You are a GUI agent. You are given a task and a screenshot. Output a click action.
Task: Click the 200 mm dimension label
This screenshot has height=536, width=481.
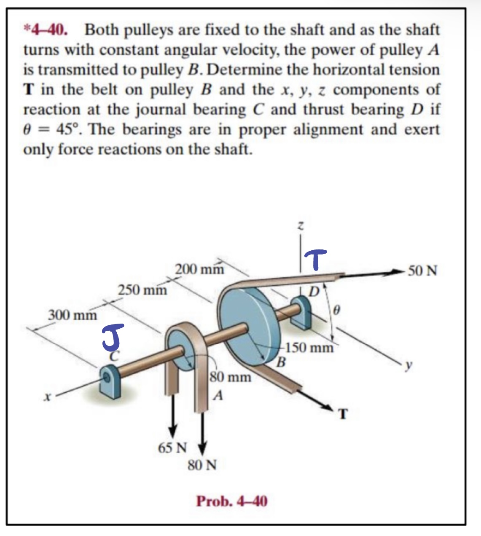click(x=199, y=269)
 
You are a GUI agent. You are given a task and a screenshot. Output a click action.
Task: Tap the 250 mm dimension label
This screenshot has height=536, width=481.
click(x=142, y=290)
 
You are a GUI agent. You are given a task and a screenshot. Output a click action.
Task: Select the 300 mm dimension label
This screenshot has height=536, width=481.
click(x=72, y=315)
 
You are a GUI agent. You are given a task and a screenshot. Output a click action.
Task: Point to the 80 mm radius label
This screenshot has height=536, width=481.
click(x=230, y=376)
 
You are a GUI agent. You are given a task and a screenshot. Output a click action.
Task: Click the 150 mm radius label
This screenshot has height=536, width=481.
click(x=309, y=348)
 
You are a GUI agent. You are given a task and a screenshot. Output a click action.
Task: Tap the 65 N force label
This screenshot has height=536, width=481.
click(x=172, y=448)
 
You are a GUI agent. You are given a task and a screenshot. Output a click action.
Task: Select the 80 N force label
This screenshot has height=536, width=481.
click(x=202, y=465)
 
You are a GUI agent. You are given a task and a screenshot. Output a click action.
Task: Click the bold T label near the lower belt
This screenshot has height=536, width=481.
click(x=343, y=415)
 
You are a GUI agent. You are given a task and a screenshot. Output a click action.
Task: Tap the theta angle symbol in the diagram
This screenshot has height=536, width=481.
click(x=336, y=311)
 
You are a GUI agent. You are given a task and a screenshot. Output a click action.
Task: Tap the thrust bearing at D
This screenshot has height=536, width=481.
click(x=301, y=311)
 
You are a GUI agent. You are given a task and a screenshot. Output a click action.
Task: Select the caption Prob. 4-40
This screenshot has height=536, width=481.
click(x=231, y=501)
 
